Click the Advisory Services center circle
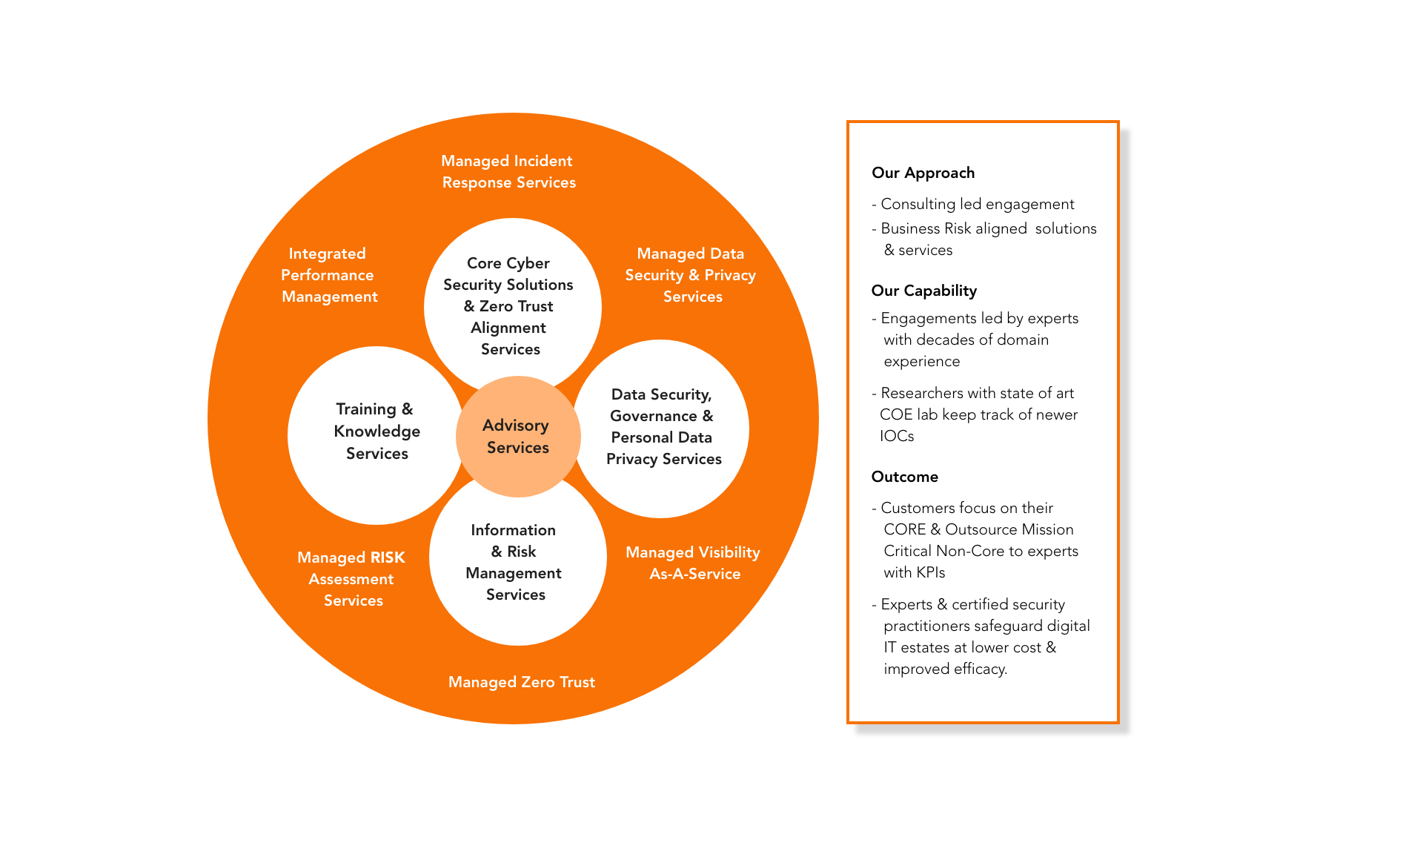(517, 437)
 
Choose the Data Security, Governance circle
(663, 427)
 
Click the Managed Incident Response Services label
(508, 172)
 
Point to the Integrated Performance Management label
(328, 275)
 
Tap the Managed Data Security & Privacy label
(691, 275)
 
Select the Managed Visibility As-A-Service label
(694, 563)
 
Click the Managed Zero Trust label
(522, 682)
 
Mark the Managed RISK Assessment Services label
(352, 579)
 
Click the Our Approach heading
(923, 173)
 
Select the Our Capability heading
(923, 291)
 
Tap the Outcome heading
(904, 477)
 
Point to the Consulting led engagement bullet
(976, 204)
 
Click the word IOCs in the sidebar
(897, 436)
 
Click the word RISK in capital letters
(388, 557)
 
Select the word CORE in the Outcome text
(904, 529)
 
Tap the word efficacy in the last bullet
(980, 669)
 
